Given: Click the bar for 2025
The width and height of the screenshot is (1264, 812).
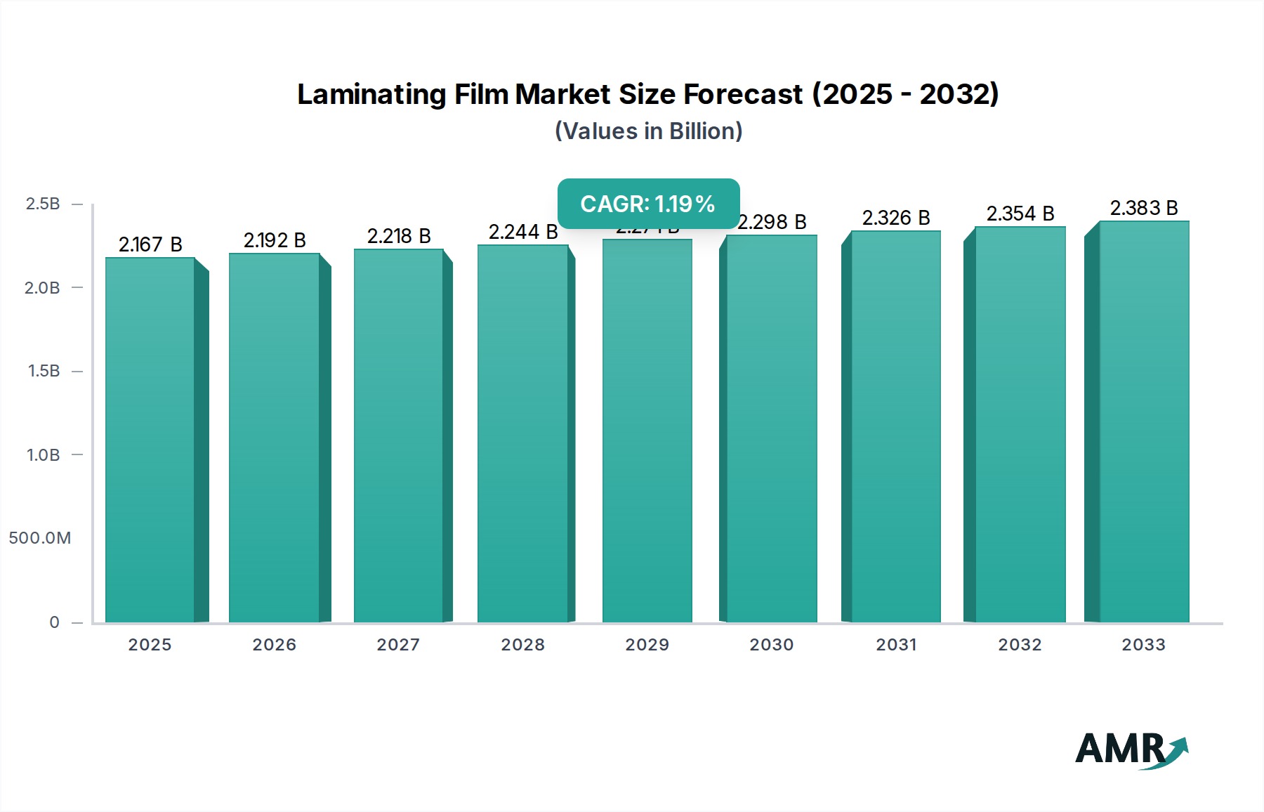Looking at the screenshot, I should pos(150,440).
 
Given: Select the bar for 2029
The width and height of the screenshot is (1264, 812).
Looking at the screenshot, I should pos(647,431).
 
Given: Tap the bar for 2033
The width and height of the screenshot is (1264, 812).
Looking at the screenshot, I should pos(1144,421).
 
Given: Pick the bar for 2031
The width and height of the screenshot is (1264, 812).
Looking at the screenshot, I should pos(895,426).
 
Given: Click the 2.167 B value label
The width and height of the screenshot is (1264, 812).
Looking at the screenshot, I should pos(150,244).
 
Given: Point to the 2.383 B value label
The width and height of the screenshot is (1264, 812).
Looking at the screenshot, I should pos(1144,208).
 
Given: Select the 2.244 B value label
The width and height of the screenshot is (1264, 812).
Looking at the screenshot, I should pos(523,232).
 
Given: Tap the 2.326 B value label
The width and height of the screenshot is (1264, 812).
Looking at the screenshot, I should pos(896,218).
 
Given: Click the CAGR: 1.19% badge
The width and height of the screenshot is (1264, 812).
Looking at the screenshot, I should pos(648,204).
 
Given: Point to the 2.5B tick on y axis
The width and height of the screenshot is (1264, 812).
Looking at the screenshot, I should pos(43,204).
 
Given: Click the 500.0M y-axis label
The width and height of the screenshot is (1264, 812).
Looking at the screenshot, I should pos(40,538).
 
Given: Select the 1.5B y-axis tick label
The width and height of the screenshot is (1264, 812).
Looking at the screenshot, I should pos(44,371).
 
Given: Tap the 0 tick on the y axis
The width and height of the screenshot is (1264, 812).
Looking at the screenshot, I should pos(54,622).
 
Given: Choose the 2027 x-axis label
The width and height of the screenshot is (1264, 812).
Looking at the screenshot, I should pos(398,645).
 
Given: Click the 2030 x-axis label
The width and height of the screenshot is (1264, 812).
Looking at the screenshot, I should pos(771,645).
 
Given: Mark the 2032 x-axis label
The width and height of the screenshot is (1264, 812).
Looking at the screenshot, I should pos(1020,645).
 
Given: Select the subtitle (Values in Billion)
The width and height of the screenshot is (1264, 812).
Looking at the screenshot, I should pos(648,131).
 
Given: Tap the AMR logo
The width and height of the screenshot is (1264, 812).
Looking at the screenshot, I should pos(1131,749).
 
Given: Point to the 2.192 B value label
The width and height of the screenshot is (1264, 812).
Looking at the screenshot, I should pos(275,240).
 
